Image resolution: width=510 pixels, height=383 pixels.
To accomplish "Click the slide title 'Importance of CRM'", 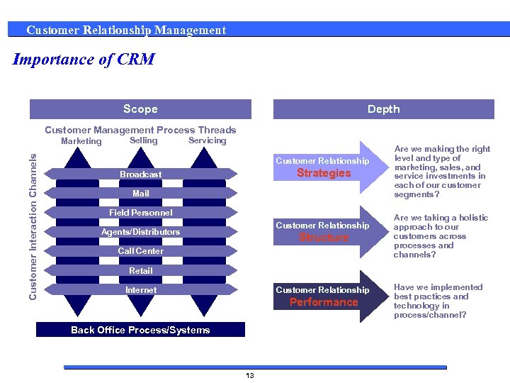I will tap(84, 60).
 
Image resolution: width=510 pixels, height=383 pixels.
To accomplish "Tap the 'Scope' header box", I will tap(140, 109).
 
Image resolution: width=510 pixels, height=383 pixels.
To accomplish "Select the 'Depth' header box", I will tap(383, 109).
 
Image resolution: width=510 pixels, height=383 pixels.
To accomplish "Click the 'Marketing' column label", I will tap(81, 141).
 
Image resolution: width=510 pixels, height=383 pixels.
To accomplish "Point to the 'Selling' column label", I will tap(144, 140).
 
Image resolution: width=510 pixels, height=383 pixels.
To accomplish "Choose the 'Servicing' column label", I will tap(207, 140).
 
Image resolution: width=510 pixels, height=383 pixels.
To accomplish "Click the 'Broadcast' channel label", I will tap(140, 174).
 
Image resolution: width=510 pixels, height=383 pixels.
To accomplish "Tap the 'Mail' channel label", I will tap(140, 194).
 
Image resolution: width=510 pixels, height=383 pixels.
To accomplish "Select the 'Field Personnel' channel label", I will tap(140, 213).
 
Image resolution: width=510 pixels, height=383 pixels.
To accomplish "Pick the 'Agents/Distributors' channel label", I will tap(140, 232).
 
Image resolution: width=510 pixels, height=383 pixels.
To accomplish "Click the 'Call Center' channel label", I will tap(140, 251).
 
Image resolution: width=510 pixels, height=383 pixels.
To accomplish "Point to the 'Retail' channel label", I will tap(140, 271).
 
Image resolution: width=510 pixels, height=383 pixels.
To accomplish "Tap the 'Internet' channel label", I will tap(140, 290).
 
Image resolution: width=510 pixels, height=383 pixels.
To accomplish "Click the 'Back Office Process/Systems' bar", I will tap(140, 330).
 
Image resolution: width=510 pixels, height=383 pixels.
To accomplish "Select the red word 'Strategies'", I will tap(324, 173).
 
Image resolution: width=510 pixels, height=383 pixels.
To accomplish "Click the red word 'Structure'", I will tap(324, 238).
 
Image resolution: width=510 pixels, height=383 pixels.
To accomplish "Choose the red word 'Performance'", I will tap(324, 302).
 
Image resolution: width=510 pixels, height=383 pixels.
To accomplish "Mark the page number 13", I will tap(249, 376).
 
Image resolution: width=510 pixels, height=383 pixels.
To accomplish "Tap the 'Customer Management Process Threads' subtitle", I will tap(140, 130).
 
